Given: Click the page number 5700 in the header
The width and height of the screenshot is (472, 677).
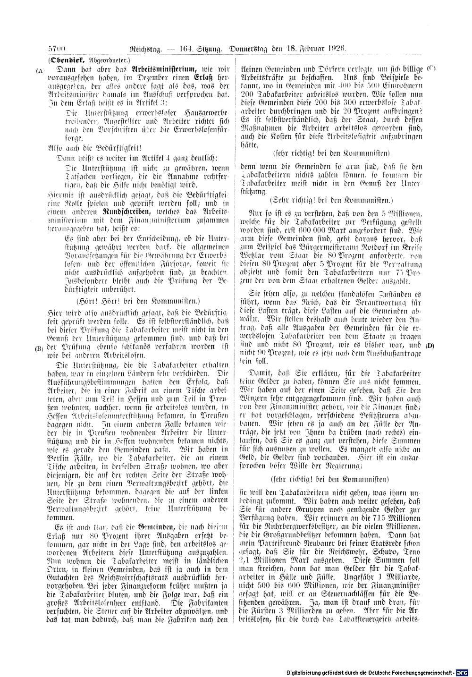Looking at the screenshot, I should pyautogui.click(x=58, y=48).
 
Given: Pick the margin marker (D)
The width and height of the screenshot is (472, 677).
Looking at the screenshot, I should pyautogui.click(x=430, y=345).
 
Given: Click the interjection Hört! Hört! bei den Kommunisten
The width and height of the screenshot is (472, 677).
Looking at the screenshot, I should pyautogui.click(x=138, y=300).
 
